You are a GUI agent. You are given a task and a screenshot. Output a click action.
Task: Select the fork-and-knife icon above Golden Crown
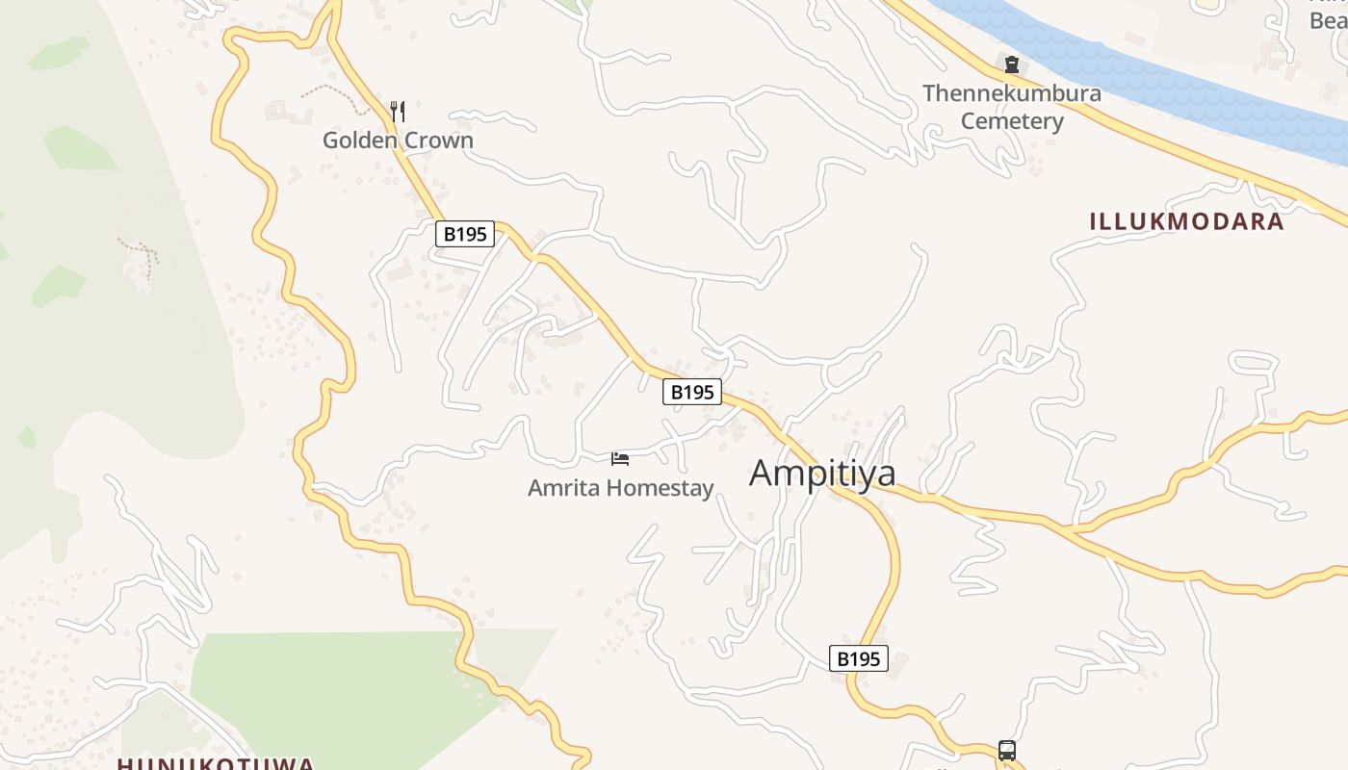398,112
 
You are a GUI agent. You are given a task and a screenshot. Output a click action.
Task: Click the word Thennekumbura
1011,93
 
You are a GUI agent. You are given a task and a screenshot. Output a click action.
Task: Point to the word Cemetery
1011,121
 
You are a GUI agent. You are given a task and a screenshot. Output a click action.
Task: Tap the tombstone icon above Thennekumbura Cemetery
1011,64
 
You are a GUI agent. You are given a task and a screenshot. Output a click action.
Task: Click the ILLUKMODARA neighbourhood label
1186,221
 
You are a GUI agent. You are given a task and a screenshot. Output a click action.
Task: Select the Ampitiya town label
822,473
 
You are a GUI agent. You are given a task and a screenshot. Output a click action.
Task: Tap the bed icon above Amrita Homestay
620,459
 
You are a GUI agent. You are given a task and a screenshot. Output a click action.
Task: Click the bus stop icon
1006,750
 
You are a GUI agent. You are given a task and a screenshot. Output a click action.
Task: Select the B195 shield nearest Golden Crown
465,234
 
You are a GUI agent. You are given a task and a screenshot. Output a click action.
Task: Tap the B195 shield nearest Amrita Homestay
691,392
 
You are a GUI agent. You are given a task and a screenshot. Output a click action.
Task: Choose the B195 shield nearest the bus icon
858,658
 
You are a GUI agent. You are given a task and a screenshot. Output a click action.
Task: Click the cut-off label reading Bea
1327,19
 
